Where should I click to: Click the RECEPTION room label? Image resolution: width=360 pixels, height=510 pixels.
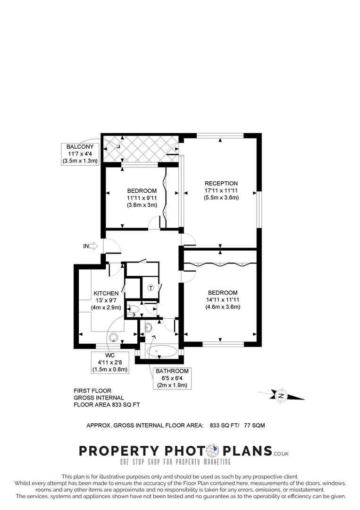pyautogui.click(x=221, y=183)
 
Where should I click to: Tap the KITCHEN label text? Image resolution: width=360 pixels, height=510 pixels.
pyautogui.click(x=106, y=293)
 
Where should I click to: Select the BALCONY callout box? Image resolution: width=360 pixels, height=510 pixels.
pyautogui.click(x=80, y=154)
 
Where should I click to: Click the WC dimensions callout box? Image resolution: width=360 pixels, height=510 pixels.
pyautogui.click(x=110, y=362)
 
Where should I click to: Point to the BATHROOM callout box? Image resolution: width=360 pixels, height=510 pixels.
pyautogui.click(x=172, y=378)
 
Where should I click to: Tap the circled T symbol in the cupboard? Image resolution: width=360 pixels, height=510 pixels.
pyautogui.click(x=151, y=288)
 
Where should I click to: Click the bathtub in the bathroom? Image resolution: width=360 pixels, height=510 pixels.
pyautogui.click(x=162, y=351)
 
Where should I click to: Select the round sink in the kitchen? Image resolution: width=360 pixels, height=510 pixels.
pyautogui.click(x=114, y=337)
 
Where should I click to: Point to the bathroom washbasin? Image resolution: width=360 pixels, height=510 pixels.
pyautogui.click(x=149, y=328)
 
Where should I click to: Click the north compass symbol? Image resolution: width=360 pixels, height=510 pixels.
pyautogui.click(x=281, y=396)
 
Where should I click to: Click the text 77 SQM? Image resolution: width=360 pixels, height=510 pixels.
pyautogui.click(x=254, y=425)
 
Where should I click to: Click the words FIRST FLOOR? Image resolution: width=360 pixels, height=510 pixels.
pyautogui.click(x=92, y=391)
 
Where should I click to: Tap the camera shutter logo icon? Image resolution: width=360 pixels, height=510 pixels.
pyautogui.click(x=213, y=451)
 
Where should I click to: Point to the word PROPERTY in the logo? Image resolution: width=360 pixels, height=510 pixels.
pyautogui.click(x=119, y=451)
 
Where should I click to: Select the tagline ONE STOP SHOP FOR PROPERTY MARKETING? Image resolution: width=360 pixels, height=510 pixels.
pyautogui.click(x=176, y=462)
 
